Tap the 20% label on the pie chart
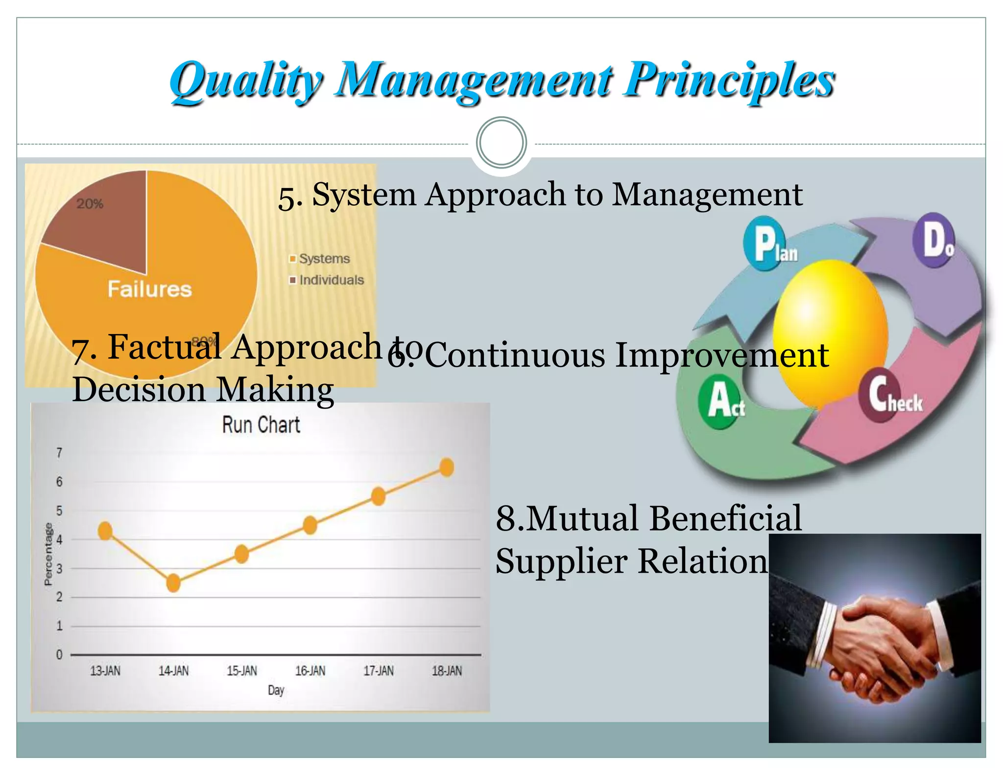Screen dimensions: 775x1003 90,204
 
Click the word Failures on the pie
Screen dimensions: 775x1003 149,289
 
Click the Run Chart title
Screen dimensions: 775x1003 261,425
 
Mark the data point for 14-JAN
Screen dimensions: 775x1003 173,583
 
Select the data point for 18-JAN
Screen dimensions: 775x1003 447,467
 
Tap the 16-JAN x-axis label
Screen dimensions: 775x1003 310,671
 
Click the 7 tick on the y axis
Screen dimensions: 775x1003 59,453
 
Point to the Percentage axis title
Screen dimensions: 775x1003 48,554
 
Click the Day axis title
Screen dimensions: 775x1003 276,690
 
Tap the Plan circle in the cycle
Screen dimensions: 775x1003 766,243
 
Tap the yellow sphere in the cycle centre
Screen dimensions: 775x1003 830,333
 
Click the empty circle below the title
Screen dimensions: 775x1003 501,143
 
